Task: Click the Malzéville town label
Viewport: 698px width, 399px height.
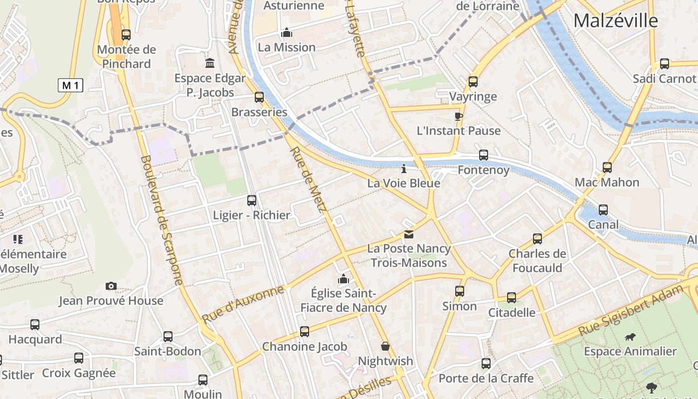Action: pos(615,20)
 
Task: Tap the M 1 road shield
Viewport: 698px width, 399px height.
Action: pos(70,85)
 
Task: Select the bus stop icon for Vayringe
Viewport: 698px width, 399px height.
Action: pos(473,81)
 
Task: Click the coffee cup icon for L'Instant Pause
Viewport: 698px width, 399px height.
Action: pos(458,116)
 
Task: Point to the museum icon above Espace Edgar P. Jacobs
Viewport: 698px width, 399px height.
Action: pos(210,63)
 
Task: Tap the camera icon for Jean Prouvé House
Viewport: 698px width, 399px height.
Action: pos(111,286)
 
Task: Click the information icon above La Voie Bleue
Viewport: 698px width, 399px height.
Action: pos(404,169)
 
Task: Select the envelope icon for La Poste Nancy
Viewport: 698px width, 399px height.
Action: pos(409,234)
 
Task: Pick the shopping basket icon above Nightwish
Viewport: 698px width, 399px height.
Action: pos(385,346)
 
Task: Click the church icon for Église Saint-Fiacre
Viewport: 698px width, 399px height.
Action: pos(344,279)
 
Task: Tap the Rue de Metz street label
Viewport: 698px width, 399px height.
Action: pos(308,179)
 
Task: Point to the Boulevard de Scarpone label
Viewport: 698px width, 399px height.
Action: pos(162,219)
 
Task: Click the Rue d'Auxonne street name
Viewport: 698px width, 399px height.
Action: pos(243,304)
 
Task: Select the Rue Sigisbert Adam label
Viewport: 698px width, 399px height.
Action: pos(630,310)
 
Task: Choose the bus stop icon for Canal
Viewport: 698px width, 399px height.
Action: pos(603,209)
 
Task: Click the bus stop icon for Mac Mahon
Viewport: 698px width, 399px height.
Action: pos(607,167)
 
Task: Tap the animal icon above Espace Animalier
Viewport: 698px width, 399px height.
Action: pos(630,337)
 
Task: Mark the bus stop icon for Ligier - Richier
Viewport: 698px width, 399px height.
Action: pos(252,200)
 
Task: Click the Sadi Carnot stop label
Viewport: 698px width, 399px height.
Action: pos(664,78)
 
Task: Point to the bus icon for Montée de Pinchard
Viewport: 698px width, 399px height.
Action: pos(126,34)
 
